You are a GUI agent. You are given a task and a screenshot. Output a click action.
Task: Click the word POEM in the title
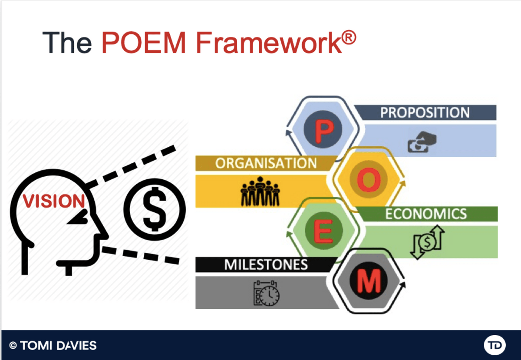point(144,43)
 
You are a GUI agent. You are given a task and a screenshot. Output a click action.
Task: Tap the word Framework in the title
point(269,43)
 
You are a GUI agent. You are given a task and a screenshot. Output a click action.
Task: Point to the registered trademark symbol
point(349,37)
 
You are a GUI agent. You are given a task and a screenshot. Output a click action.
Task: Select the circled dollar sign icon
point(155,209)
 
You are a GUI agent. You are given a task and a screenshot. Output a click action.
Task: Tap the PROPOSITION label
point(425,112)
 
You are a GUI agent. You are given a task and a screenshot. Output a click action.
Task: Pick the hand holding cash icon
point(422,142)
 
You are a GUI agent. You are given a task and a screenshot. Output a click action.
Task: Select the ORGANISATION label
point(266,163)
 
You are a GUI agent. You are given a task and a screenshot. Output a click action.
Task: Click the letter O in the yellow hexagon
point(369,180)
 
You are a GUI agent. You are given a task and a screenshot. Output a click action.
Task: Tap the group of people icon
point(260,191)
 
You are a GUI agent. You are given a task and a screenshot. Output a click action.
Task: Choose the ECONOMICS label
point(426,214)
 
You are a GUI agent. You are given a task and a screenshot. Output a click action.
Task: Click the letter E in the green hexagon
point(323,231)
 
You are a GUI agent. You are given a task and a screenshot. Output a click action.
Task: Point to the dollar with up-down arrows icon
point(428,242)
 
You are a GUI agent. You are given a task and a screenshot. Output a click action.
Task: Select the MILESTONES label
point(266,264)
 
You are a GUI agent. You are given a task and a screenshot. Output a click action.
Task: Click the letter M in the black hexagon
point(369,281)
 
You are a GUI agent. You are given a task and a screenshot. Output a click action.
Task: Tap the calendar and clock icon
point(267,293)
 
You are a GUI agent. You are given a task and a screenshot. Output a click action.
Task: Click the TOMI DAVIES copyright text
point(53,345)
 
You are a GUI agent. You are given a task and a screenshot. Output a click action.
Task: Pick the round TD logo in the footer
point(495,345)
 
